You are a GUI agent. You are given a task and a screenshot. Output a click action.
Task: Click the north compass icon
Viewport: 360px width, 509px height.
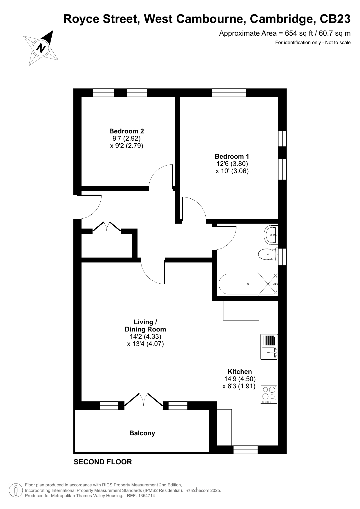point(41,48)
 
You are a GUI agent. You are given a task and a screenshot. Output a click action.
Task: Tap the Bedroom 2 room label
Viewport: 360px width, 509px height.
point(126,131)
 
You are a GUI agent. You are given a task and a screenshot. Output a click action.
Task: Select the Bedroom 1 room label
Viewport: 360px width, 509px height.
point(232,157)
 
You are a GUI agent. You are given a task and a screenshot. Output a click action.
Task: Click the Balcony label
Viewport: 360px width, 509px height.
point(142,433)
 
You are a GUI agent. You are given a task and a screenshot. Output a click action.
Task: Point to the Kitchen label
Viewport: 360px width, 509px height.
point(240,372)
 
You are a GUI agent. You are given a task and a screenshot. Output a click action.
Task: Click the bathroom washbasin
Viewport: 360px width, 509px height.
point(271,235)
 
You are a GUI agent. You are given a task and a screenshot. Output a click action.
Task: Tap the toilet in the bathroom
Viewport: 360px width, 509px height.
point(268,254)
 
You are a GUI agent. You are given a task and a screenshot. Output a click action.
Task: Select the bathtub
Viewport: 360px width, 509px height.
point(248,284)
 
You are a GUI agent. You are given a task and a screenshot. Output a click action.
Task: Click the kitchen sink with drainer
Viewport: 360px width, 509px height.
point(269,347)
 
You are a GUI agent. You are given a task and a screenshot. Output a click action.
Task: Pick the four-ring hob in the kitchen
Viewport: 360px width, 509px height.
point(269,394)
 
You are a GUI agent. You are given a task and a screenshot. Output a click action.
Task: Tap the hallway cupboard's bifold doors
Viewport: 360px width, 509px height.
point(107,226)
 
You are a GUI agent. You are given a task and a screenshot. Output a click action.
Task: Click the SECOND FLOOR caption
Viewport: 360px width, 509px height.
point(103,462)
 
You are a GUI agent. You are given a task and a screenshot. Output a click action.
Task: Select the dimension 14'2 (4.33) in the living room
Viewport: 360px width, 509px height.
point(145,336)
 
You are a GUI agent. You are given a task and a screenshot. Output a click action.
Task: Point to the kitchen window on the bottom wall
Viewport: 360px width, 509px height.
point(245,450)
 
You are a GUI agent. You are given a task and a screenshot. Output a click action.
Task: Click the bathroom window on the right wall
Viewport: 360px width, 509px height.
point(282,257)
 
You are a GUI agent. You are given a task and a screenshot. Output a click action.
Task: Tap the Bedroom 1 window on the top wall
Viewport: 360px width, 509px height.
point(229,93)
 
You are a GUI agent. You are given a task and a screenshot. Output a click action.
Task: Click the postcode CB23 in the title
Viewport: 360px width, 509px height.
point(335,19)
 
